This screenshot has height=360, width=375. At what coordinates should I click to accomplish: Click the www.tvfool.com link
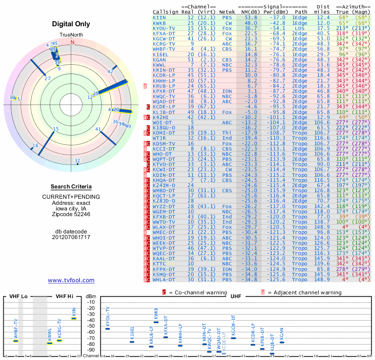[x=71, y=280]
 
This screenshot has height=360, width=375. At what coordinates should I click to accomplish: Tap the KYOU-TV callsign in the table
[x=164, y=28]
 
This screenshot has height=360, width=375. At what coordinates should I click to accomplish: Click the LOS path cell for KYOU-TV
[x=300, y=28]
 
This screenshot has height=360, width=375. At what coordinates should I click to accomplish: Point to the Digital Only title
[x=71, y=24]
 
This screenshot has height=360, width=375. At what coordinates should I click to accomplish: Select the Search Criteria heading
[x=71, y=187]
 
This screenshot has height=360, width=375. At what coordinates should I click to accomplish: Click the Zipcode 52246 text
[x=71, y=214]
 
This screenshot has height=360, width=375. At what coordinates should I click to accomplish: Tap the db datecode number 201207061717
[x=71, y=237]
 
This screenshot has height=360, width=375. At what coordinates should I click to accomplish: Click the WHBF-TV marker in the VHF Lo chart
[x=15, y=341]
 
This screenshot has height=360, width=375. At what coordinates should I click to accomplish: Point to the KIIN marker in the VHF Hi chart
[x=74, y=318]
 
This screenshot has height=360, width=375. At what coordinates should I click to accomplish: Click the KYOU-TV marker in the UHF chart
[x=107, y=329]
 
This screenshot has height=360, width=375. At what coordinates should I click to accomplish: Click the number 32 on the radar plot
[x=77, y=161]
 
